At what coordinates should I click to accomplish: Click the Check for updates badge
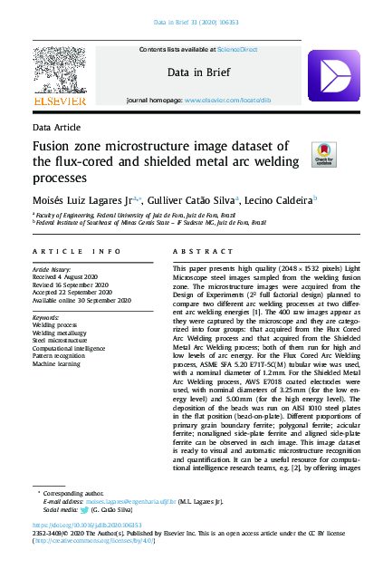322,153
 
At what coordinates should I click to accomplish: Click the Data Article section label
56,127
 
